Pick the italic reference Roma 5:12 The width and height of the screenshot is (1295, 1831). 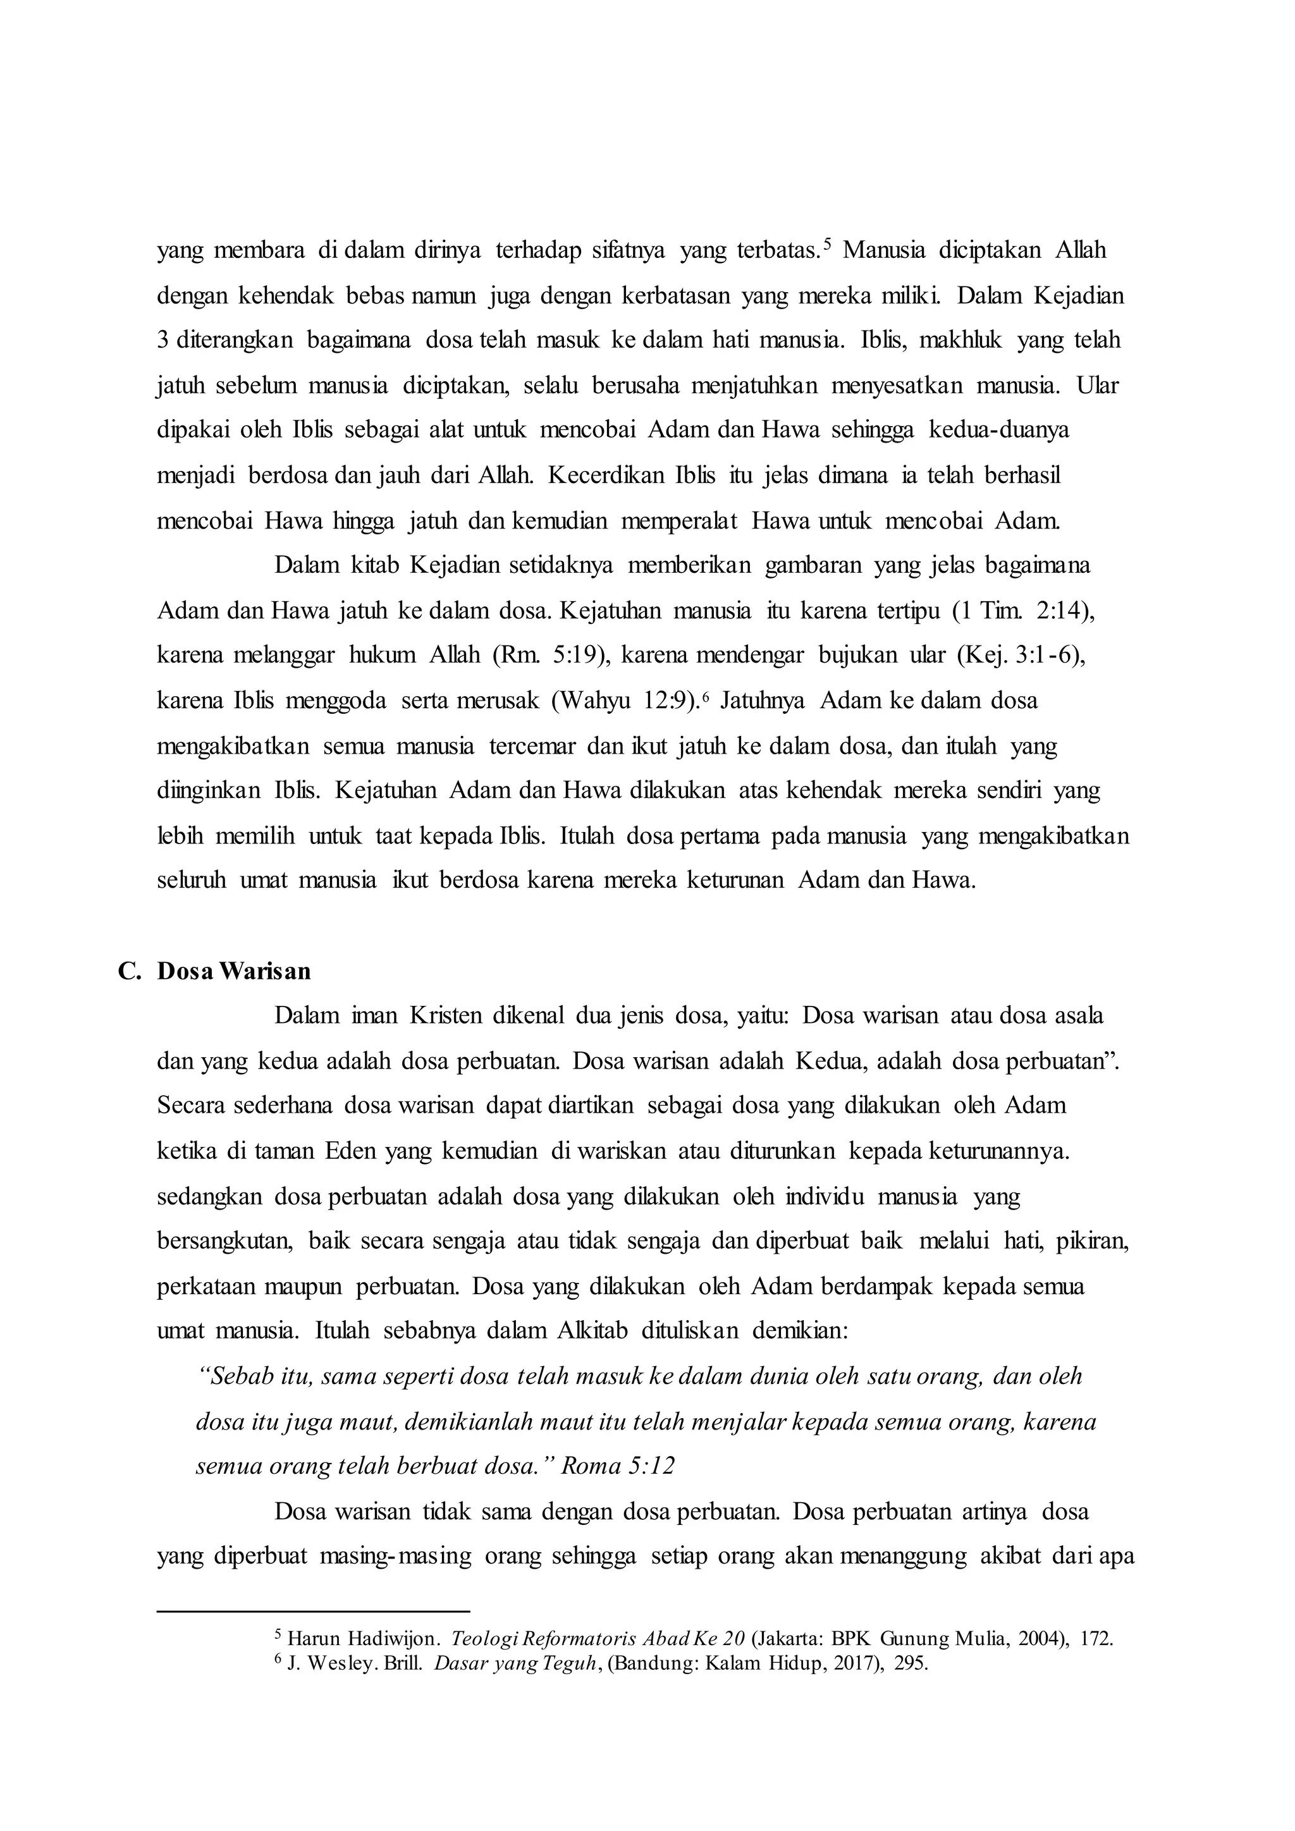618,1466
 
